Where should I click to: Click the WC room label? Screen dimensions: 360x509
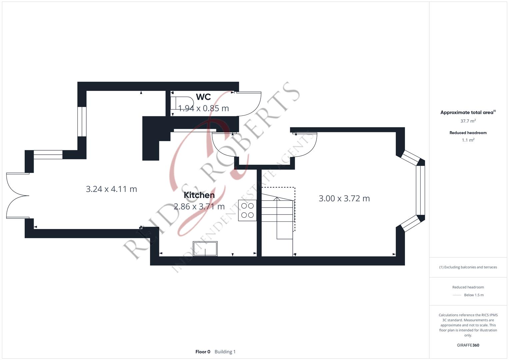click(203, 97)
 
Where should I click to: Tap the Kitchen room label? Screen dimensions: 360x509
click(199, 195)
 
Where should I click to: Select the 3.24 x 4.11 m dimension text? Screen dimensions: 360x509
click(111, 189)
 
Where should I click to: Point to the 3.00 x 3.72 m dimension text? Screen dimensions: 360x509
click(344, 198)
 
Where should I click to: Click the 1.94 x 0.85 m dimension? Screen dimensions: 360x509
click(203, 108)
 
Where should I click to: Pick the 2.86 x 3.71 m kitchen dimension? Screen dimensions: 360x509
click(199, 207)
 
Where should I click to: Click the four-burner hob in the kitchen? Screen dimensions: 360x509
click(247, 210)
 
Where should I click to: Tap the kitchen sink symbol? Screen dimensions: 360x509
click(205, 249)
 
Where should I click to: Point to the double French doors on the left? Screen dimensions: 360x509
click(17, 196)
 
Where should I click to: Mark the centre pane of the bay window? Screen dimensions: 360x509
click(420, 190)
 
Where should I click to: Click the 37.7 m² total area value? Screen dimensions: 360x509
click(468, 121)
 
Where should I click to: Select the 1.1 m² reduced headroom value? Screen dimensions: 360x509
click(468, 140)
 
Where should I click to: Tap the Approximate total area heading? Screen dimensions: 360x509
click(467, 113)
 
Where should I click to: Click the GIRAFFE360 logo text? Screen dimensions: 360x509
click(468, 345)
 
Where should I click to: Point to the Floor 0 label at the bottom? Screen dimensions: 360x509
click(203, 352)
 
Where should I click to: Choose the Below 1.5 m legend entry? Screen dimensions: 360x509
click(473, 295)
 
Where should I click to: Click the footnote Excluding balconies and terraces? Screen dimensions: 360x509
click(468, 267)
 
